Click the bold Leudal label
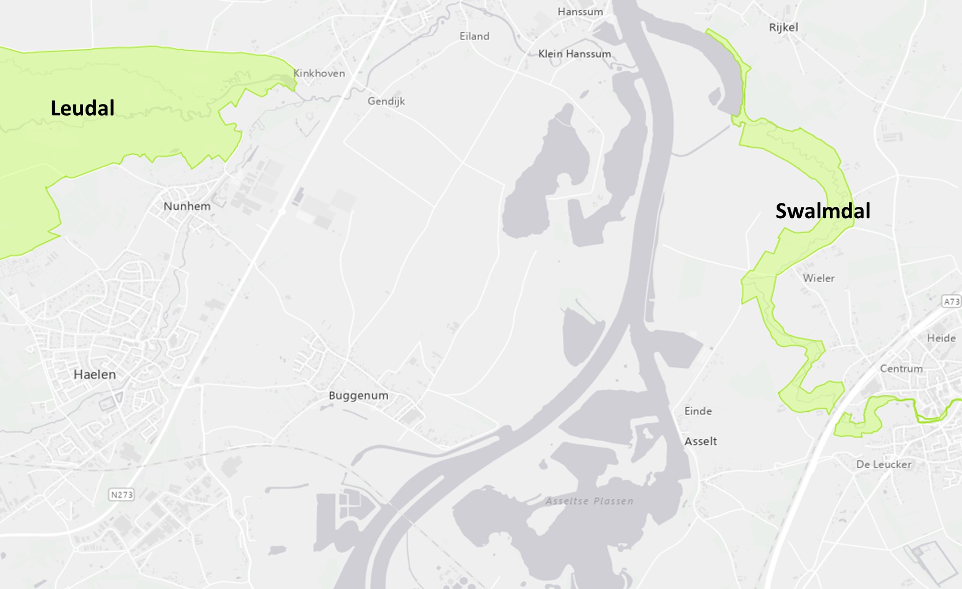(x=82, y=108)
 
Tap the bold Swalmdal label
(x=823, y=211)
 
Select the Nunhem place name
(x=187, y=206)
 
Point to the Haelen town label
(x=95, y=374)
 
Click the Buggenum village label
(x=358, y=395)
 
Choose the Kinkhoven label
(x=319, y=73)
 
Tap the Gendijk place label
(x=386, y=101)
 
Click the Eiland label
(x=474, y=36)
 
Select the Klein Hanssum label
(x=574, y=54)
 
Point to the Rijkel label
(x=783, y=27)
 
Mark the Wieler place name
(x=819, y=278)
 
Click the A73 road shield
(x=952, y=301)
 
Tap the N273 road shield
(x=122, y=494)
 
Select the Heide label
(x=941, y=338)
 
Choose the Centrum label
(x=901, y=369)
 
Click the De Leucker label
(x=884, y=465)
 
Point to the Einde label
(x=698, y=411)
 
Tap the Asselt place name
(x=700, y=441)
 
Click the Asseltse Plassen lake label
(x=589, y=501)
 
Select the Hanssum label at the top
(x=580, y=12)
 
